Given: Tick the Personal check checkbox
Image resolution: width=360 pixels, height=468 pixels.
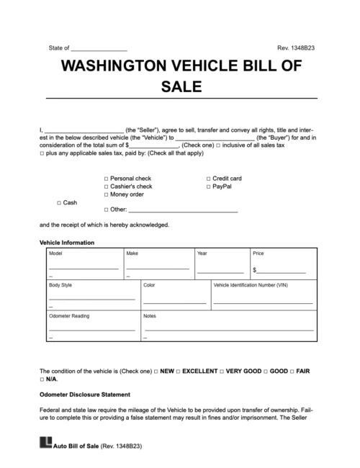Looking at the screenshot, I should pos(107,177).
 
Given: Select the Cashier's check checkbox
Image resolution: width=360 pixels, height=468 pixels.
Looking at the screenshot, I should pos(107,186).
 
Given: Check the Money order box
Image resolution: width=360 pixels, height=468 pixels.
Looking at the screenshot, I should pos(107,194).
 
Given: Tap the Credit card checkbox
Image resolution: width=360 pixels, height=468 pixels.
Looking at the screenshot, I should pos(208,177).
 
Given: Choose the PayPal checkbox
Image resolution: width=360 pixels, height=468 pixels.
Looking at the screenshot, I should pos(208,186).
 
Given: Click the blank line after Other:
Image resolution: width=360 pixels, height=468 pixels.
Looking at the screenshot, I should pos(183,210).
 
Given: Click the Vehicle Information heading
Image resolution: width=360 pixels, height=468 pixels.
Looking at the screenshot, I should pos(66,243).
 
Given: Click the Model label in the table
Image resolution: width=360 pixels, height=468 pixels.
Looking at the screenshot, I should pos(55,254).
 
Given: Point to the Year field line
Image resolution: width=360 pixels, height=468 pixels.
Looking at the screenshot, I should pos(220,271).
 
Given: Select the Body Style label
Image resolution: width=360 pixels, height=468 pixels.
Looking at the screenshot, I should pos(60,285).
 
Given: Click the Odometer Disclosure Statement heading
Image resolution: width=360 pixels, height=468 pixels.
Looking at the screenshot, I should pos(84,394).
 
